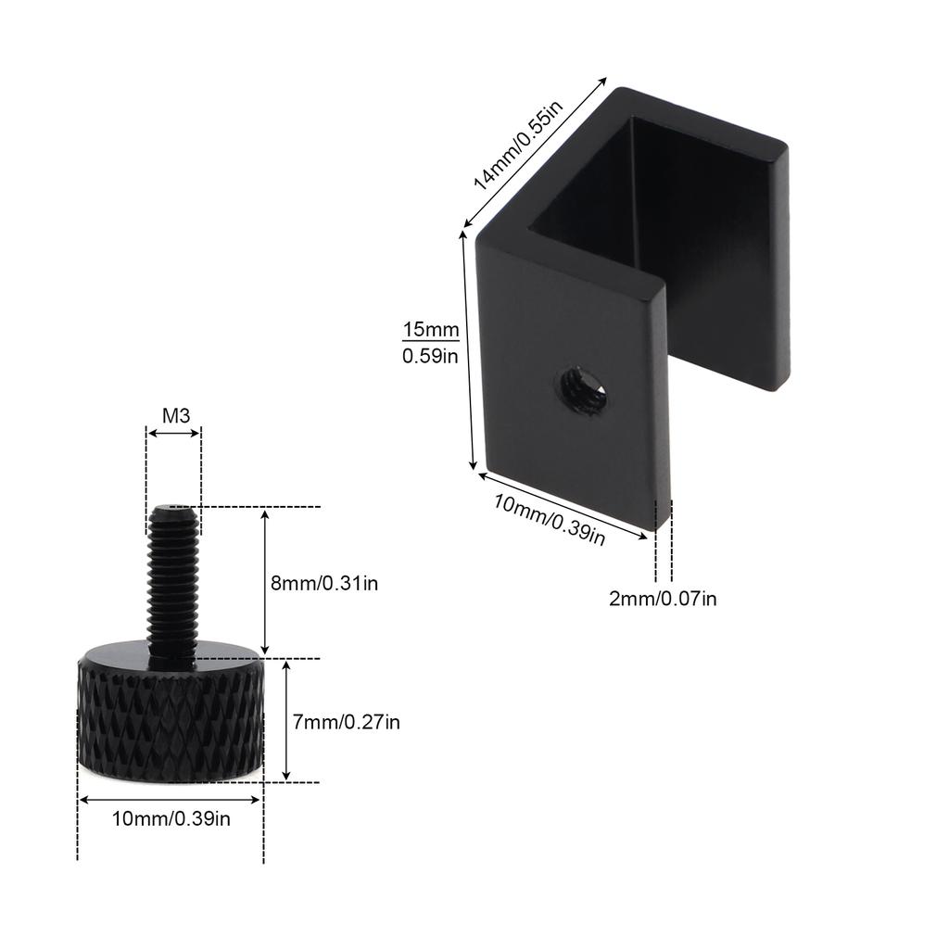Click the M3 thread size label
pyautogui.click(x=176, y=416)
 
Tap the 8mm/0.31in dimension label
pyautogui.click(x=324, y=583)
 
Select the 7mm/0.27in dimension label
pyautogui.click(x=347, y=721)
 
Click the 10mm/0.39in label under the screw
pyautogui.click(x=171, y=817)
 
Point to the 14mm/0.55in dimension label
pyautogui.click(x=518, y=146)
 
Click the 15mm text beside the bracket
pyautogui.click(x=430, y=329)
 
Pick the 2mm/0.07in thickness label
pyautogui.click(x=663, y=598)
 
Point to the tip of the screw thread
pyautogui.click(x=173, y=510)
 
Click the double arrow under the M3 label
pyautogui.click(x=173, y=432)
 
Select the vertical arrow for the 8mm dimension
pyautogui.click(x=265, y=583)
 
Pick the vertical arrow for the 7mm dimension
pyautogui.click(x=286, y=721)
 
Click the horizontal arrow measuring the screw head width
pyautogui.click(x=171, y=799)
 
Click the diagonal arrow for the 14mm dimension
pyautogui.click(x=535, y=152)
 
